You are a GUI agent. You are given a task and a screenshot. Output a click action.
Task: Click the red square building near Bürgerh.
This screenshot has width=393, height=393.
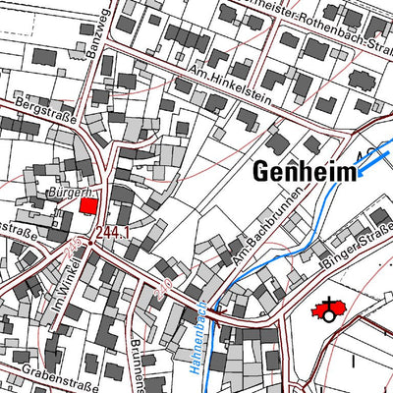[x=88, y=205]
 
